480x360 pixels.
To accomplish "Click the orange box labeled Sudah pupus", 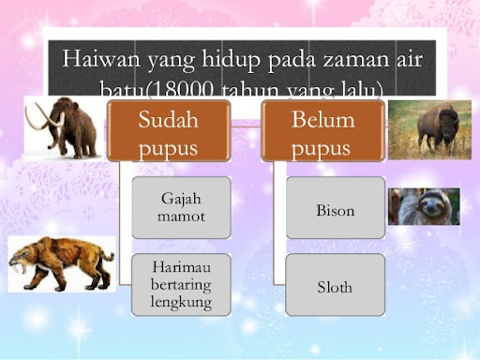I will [168, 131].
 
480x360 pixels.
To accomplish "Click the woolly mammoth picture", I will [62, 127].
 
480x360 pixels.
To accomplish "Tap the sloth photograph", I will [424, 206].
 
